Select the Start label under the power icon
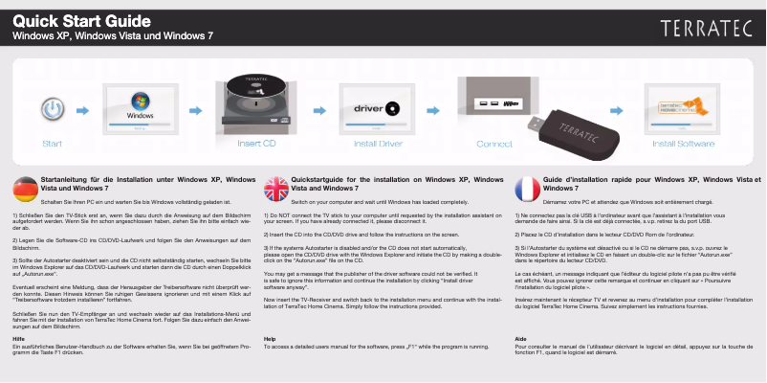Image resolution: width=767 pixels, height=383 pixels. (54, 145)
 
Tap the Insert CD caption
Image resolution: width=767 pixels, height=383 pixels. (256, 145)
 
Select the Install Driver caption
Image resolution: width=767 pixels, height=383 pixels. (378, 145)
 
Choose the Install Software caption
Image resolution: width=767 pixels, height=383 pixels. (683, 145)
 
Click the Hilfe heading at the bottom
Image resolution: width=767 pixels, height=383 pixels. (18, 339)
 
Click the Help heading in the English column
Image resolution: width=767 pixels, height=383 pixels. (270, 339)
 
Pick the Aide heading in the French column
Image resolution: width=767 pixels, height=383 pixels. (520, 339)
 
